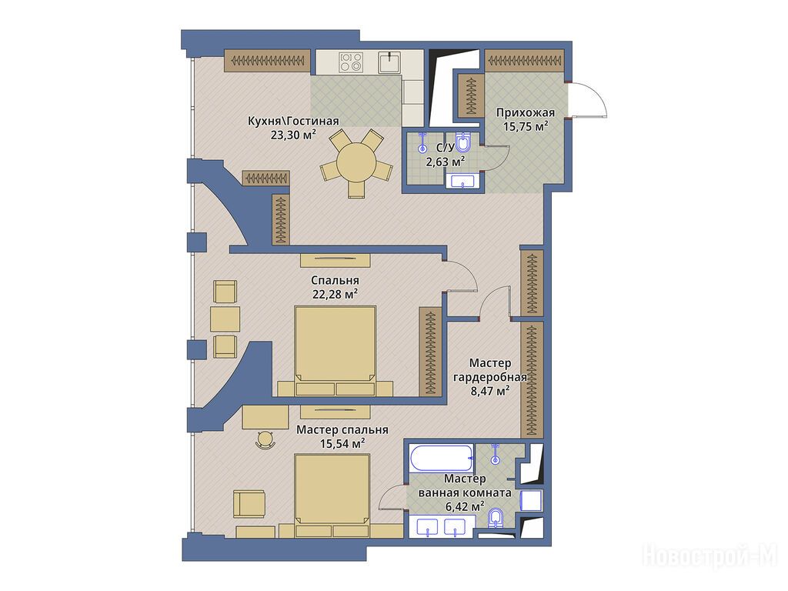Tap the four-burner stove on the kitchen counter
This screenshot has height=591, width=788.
click(351, 62)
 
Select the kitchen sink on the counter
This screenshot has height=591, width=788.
click(390, 62)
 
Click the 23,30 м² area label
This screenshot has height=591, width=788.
click(293, 135)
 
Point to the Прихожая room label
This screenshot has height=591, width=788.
click(525, 112)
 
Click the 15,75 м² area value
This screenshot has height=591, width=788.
click(525, 126)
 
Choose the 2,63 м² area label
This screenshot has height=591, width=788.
click(445, 162)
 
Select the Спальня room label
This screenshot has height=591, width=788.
click(335, 280)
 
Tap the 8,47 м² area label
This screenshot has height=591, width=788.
click(490, 390)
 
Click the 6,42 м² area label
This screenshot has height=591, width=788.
click(465, 506)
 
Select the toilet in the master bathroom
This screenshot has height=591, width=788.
click(496, 518)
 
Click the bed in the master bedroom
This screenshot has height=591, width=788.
click(332, 496)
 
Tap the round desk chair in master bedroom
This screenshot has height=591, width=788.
click(265, 439)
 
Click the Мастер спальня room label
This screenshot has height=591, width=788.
click(342, 430)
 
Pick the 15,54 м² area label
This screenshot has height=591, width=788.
click(342, 444)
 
